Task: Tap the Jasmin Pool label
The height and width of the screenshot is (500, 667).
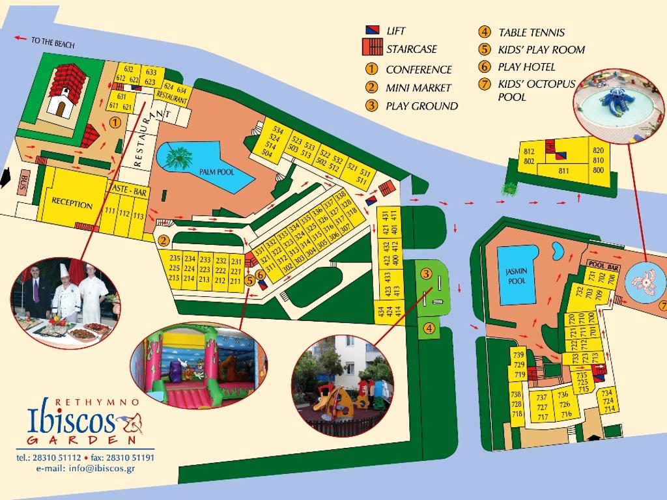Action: [516, 276]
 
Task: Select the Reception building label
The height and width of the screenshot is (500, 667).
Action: [72, 204]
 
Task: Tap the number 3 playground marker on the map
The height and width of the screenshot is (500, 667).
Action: [426, 273]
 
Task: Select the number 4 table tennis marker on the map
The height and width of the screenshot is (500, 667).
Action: [429, 329]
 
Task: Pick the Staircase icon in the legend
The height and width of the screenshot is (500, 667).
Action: [372, 48]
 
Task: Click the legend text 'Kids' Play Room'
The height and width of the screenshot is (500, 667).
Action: [541, 49]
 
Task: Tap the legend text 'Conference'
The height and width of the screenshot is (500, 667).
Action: [418, 70]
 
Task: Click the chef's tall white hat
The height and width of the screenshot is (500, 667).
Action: [64, 270]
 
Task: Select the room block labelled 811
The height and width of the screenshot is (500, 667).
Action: [564, 172]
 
